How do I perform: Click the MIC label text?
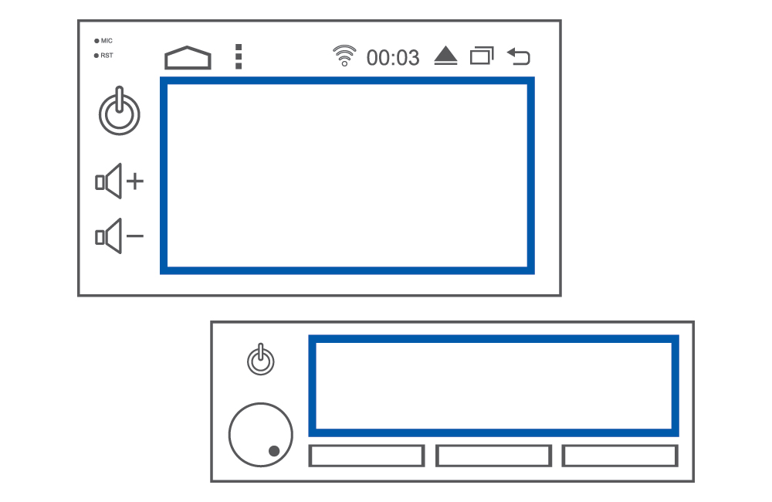coord(107,41)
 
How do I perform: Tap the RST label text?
coord(107,56)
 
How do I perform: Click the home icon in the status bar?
coord(188,58)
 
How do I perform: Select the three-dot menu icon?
coord(239,56)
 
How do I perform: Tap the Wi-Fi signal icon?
coord(344,55)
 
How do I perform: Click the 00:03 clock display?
coord(393,58)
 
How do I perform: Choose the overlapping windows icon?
coord(482,56)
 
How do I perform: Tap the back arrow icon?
coord(519,56)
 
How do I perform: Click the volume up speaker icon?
coord(119,181)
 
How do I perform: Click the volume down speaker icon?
coord(119,236)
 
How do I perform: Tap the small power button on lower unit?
coord(260,360)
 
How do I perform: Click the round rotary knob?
coord(260,435)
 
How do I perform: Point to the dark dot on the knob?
coord(274,451)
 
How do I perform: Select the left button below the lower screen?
coord(367,456)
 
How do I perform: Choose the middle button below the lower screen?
coord(493,456)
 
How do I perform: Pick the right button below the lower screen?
coord(620,456)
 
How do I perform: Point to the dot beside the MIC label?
coord(96,41)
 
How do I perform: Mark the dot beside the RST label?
coord(96,56)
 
